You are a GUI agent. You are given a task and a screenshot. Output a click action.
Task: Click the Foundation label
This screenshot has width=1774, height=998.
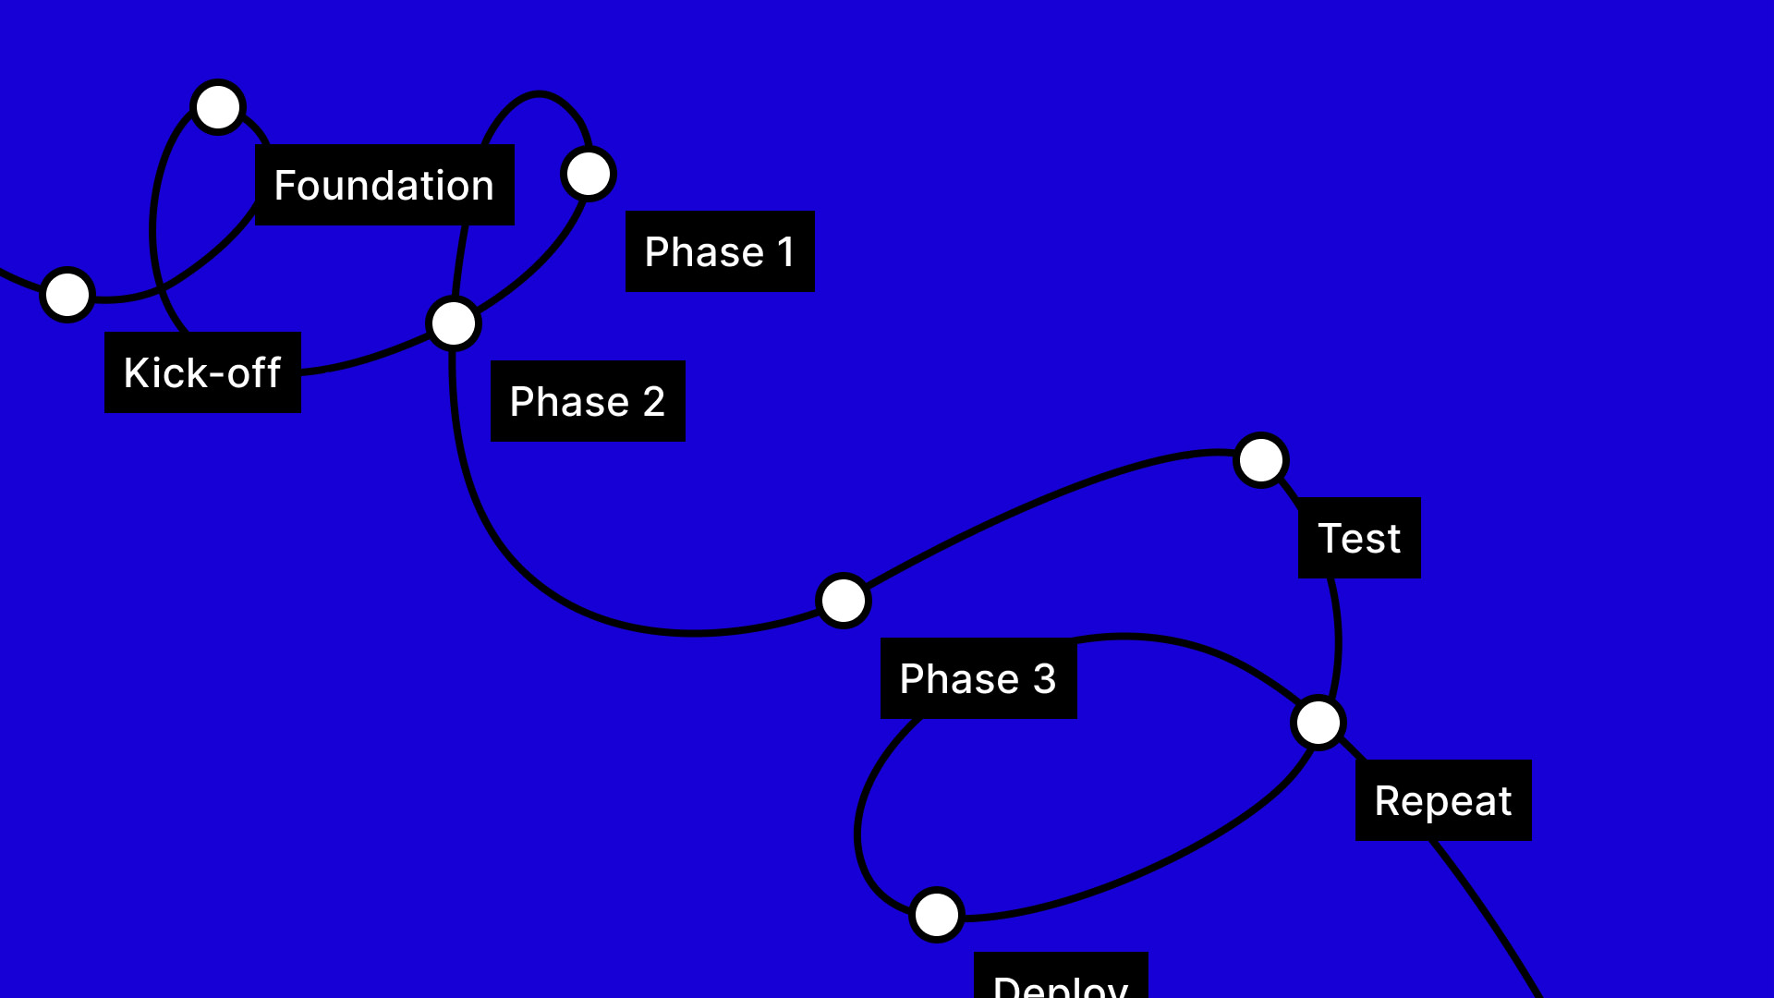click(x=384, y=185)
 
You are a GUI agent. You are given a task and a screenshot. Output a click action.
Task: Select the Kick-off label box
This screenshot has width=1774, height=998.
click(x=202, y=372)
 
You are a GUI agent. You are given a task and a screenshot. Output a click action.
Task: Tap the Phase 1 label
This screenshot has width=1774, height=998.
click(x=720, y=251)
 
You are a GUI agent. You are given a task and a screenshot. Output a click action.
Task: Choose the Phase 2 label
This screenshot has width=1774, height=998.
click(x=588, y=401)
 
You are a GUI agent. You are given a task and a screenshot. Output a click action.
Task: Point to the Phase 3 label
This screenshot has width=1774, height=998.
click(x=978, y=678)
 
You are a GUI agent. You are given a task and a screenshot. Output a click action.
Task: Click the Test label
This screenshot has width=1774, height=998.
click(x=1359, y=538)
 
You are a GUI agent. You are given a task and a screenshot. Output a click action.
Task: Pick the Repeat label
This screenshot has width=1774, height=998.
click(x=1443, y=800)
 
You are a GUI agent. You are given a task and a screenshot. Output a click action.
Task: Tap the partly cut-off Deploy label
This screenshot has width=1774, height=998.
click(x=1061, y=980)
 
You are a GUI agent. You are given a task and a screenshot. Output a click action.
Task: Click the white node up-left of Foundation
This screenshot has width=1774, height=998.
click(x=218, y=107)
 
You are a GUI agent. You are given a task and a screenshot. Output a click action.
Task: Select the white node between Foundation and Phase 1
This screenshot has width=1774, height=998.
click(x=589, y=174)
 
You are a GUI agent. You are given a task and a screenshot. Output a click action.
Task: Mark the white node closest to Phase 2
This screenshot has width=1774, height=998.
click(x=454, y=323)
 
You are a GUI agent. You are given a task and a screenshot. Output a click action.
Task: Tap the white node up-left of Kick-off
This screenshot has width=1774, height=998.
click(x=67, y=295)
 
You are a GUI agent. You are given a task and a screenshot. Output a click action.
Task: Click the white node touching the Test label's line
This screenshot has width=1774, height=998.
click(x=1261, y=460)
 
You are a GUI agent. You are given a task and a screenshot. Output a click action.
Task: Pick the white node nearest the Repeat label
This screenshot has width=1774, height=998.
click(x=1318, y=723)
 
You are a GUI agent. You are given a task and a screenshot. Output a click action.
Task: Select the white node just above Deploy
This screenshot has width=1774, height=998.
click(x=937, y=915)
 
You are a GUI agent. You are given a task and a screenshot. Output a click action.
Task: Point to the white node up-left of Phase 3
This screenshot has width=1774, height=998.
click(x=844, y=601)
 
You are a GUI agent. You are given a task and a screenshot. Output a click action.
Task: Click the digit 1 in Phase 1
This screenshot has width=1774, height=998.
click(x=786, y=252)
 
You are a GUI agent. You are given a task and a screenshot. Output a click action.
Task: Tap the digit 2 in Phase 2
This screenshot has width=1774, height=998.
click(x=654, y=402)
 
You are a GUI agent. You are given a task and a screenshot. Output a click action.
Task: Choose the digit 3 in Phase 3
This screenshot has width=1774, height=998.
click(x=1045, y=679)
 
